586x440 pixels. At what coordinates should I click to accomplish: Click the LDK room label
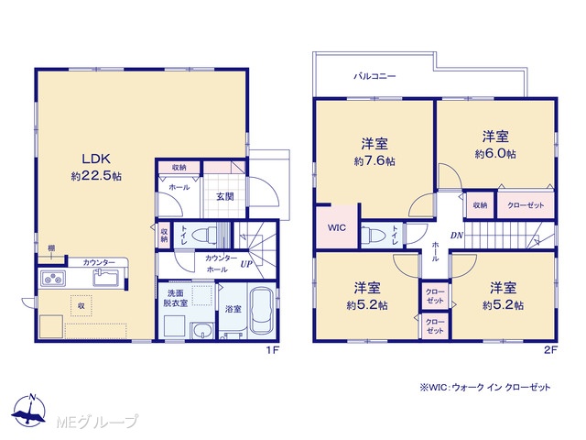tap(96, 159)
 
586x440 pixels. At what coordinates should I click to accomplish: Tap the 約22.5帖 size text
tap(96, 176)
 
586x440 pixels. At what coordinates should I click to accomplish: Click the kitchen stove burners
tap(53, 279)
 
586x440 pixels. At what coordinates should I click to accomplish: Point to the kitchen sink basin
tap(106, 278)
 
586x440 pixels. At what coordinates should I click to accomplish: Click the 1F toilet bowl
tap(203, 236)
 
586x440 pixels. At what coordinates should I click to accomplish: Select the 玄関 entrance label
tap(225, 196)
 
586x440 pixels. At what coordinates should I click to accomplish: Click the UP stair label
tap(246, 264)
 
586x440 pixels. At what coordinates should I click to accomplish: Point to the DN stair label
tap(457, 236)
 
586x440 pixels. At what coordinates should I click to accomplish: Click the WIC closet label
tap(337, 227)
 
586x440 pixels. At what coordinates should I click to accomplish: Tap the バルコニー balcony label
tap(374, 76)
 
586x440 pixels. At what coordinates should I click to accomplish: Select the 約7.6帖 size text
tap(374, 161)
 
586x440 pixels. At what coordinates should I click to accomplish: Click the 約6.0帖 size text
tap(495, 154)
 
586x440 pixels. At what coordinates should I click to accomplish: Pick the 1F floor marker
tap(273, 350)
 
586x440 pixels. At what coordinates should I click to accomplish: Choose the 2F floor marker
tap(550, 350)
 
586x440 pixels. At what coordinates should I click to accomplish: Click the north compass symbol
tap(29, 411)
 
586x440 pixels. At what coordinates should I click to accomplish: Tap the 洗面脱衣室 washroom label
tap(175, 298)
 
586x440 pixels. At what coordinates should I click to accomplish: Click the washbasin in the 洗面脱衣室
tap(201, 331)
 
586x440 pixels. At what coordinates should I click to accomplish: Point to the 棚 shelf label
tap(51, 248)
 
